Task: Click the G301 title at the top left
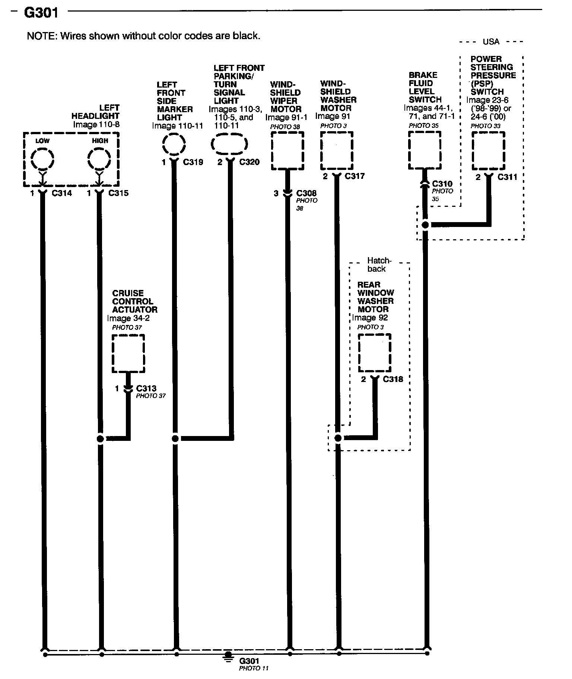coord(41,13)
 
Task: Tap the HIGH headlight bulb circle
coord(99,160)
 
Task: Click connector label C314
coord(62,193)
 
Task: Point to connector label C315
coord(118,193)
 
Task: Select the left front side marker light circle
coord(174,144)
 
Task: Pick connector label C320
coord(249,162)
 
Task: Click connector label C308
coord(306,193)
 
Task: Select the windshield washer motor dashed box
coord(337,150)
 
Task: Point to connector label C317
coord(355,176)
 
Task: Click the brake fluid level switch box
coord(425,151)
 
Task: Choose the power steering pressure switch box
coord(488,151)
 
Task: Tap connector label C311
coord(508,177)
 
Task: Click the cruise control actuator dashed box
coord(128,353)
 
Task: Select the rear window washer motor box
coord(375,353)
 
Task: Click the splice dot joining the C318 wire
coord(338,438)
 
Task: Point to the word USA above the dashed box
coord(491,42)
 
